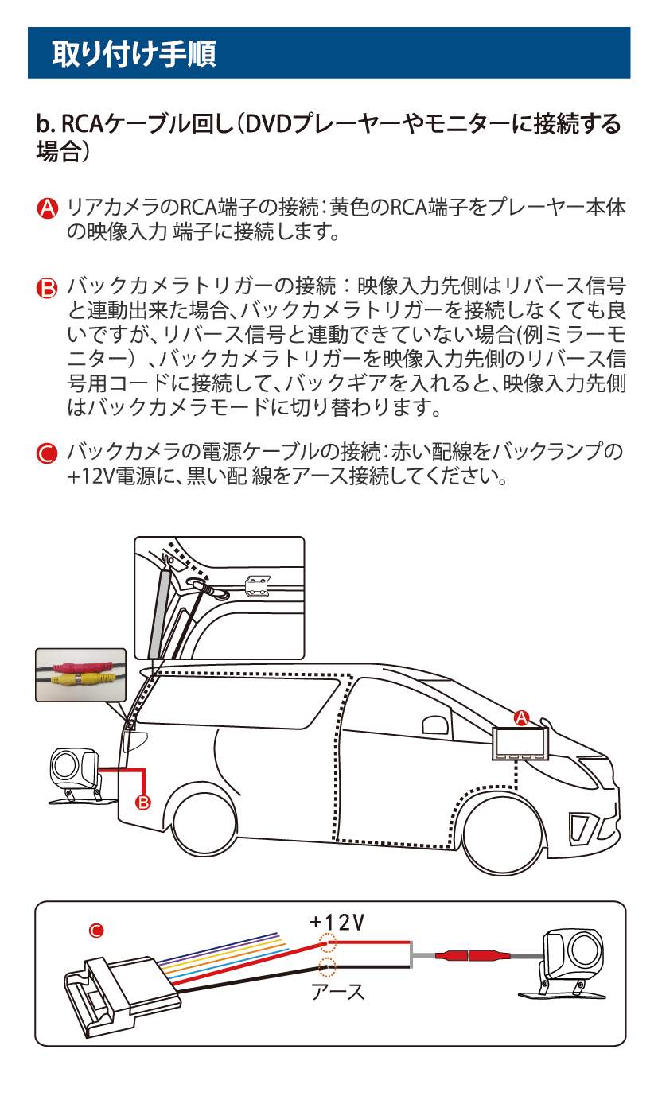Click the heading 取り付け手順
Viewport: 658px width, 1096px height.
coord(134,53)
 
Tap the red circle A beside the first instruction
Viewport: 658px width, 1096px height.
coord(48,208)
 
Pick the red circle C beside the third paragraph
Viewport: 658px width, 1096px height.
coord(48,454)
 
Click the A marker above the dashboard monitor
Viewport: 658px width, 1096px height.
coord(522,717)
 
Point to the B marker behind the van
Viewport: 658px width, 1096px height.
coord(143,802)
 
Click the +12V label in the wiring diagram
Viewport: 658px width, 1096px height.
coord(337,923)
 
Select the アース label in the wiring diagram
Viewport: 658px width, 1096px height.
coord(337,992)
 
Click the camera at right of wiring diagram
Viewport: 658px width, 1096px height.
coord(571,960)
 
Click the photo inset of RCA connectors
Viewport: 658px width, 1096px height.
coord(80,674)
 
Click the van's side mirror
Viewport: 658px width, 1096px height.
coord(435,726)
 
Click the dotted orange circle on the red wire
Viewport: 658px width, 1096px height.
coord(327,943)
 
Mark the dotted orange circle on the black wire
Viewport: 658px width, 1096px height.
coord(327,967)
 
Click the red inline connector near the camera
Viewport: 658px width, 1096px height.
coord(469,954)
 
